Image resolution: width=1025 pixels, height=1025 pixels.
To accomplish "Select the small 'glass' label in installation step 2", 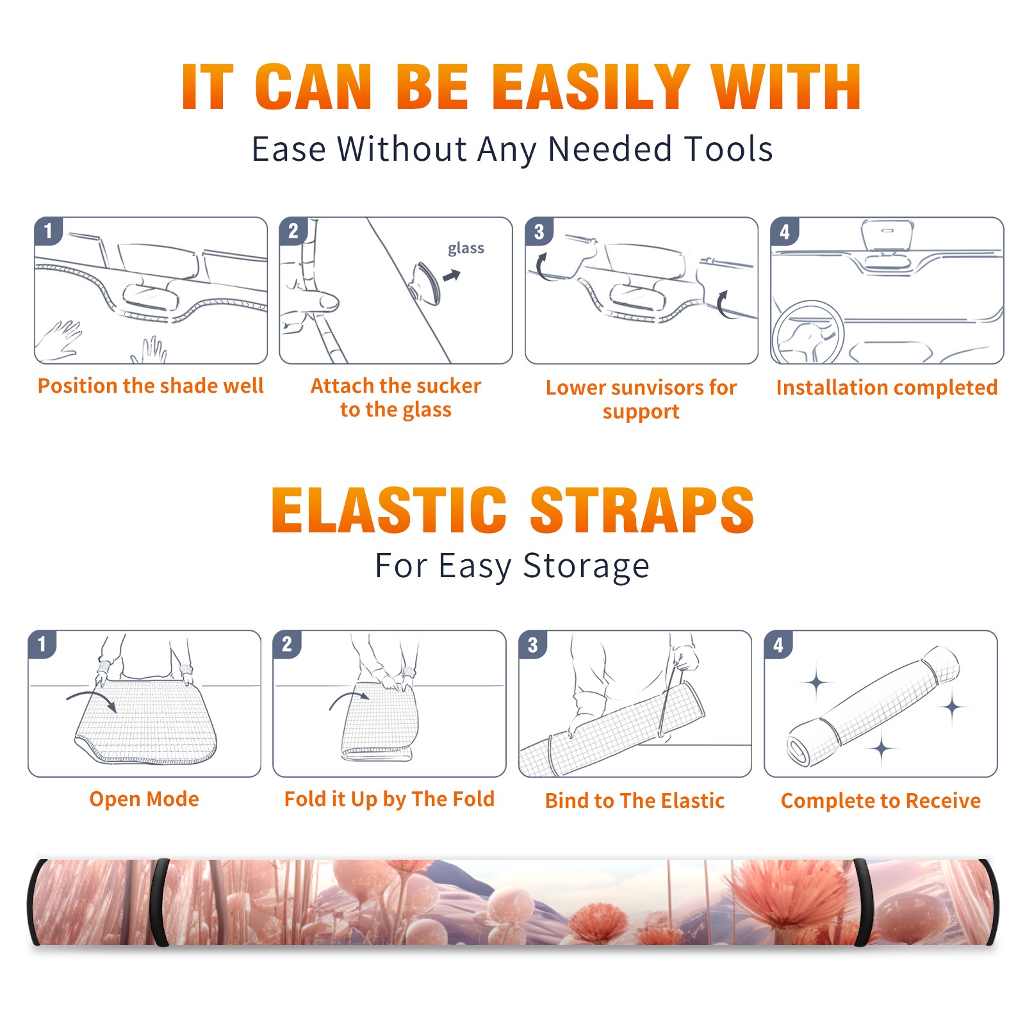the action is coord(466,248).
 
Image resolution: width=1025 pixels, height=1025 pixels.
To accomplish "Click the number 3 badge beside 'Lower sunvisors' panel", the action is coord(539,232).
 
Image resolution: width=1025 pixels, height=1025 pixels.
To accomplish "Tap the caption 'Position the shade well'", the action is coord(151,386).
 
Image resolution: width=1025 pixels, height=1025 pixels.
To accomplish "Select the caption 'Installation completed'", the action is coord(887,387).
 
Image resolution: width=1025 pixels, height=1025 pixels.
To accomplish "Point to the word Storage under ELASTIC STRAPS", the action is coord(586,566).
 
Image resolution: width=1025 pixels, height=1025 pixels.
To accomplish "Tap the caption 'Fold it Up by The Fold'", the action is coord(389,799).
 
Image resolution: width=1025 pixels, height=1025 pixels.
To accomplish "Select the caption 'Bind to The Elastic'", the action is coord(635,801).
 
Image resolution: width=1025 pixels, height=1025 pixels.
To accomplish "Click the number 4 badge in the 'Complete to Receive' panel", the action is coord(778,644).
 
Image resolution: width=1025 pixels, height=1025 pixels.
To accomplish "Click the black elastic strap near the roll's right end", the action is coord(862,903).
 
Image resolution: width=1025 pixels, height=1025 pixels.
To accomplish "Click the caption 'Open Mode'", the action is coord(144,799).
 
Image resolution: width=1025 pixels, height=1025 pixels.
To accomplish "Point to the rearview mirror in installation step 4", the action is coord(887,235).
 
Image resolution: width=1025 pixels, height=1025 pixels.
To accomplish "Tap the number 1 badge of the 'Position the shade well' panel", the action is coord(48,231).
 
